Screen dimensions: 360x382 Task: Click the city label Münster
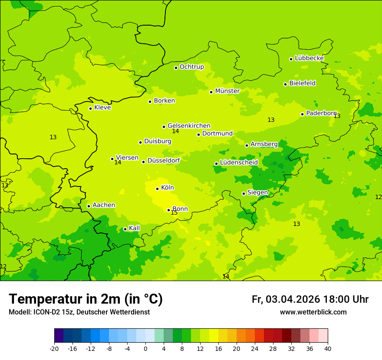pyautogui.click(x=227, y=91)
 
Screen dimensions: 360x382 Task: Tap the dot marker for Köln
pyautogui.click(x=158, y=189)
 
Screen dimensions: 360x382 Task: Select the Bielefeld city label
pyautogui.click(x=302, y=83)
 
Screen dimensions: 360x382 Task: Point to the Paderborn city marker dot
pyautogui.click(x=303, y=114)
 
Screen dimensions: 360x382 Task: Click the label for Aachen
pyautogui.click(x=104, y=205)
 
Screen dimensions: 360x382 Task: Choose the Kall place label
pyautogui.click(x=134, y=228)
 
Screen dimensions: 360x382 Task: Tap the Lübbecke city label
pyautogui.click(x=309, y=58)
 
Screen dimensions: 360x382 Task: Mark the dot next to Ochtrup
pyautogui.click(x=176, y=68)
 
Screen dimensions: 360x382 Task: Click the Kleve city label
pyautogui.click(x=102, y=108)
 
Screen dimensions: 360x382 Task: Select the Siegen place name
pyautogui.click(x=257, y=193)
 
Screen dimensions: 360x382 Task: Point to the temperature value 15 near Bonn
pyautogui.click(x=174, y=213)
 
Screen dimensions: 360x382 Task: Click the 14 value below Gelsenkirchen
pyautogui.click(x=175, y=131)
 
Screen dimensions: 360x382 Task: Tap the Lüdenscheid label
pyautogui.click(x=239, y=163)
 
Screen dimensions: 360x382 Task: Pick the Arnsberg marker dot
pyautogui.click(x=247, y=145)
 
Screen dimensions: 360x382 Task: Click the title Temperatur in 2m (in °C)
pyautogui.click(x=86, y=299)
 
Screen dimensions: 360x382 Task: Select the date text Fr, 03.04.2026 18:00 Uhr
pyautogui.click(x=310, y=299)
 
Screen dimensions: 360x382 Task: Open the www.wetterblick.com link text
pyautogui.click(x=313, y=312)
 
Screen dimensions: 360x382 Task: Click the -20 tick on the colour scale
pyautogui.click(x=54, y=349)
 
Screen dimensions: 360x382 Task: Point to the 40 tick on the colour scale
pyautogui.click(x=328, y=349)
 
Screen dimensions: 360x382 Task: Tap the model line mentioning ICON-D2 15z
pyautogui.click(x=79, y=312)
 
